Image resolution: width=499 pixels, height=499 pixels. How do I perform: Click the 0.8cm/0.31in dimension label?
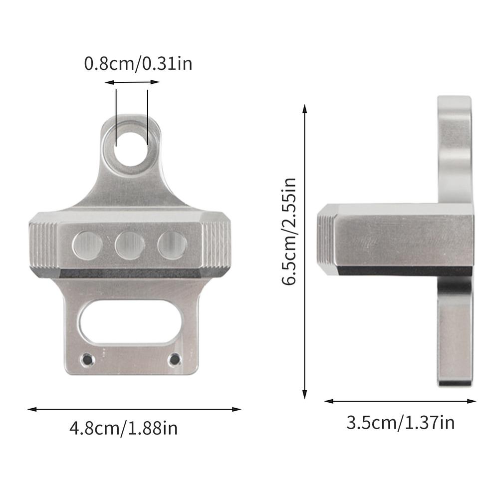coord(138,64)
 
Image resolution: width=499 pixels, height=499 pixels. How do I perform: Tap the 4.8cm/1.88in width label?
coord(124,428)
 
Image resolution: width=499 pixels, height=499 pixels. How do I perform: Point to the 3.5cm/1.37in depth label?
coord(401,423)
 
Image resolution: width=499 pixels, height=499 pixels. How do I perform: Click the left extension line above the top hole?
coord(116,117)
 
